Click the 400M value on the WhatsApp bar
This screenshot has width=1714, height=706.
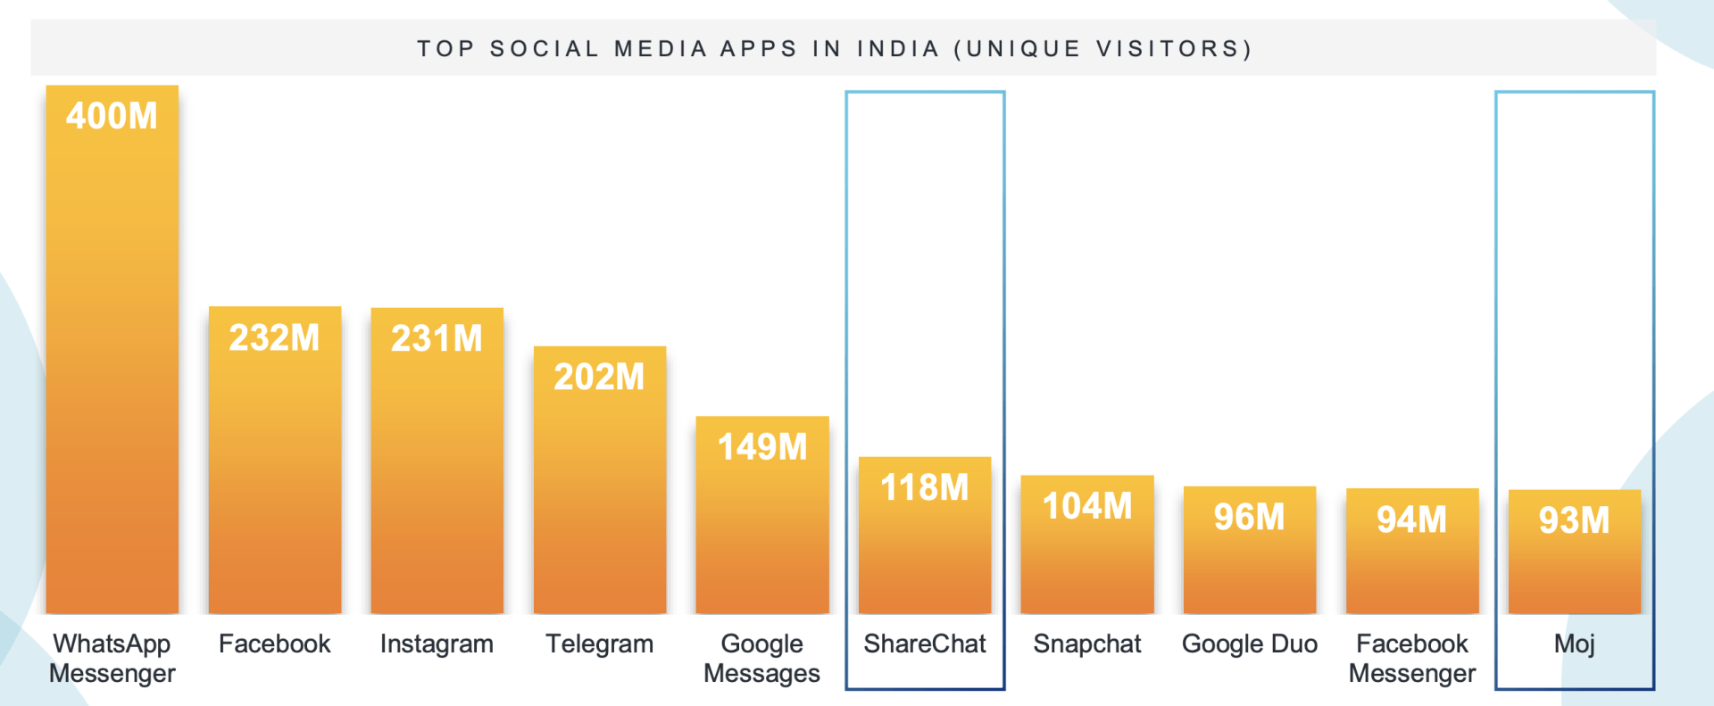pos(112,116)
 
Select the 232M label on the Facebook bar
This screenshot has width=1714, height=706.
pos(274,338)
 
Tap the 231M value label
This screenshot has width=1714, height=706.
pos(437,339)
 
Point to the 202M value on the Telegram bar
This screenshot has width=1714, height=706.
pos(599,378)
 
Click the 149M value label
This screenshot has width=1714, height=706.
pos(762,447)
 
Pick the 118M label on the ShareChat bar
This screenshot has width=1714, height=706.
pos(925,488)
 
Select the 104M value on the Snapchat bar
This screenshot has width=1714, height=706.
pos(1087,507)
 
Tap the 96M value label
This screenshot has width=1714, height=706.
pos(1249,518)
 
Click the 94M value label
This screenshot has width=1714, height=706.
pos(1411,519)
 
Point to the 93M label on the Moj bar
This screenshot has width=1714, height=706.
pos(1574,521)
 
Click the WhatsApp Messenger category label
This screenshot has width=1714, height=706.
pos(112,658)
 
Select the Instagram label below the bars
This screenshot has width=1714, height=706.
pos(437,644)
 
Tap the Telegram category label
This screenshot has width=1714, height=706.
pos(599,644)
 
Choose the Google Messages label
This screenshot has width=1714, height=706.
pos(761,658)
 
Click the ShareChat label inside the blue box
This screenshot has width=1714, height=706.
pos(925,644)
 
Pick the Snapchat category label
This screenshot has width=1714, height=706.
pos(1087,644)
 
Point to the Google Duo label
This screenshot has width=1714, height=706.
pos(1249,644)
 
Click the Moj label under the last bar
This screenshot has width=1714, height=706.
pos(1574,644)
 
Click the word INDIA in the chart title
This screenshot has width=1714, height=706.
pos(898,48)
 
